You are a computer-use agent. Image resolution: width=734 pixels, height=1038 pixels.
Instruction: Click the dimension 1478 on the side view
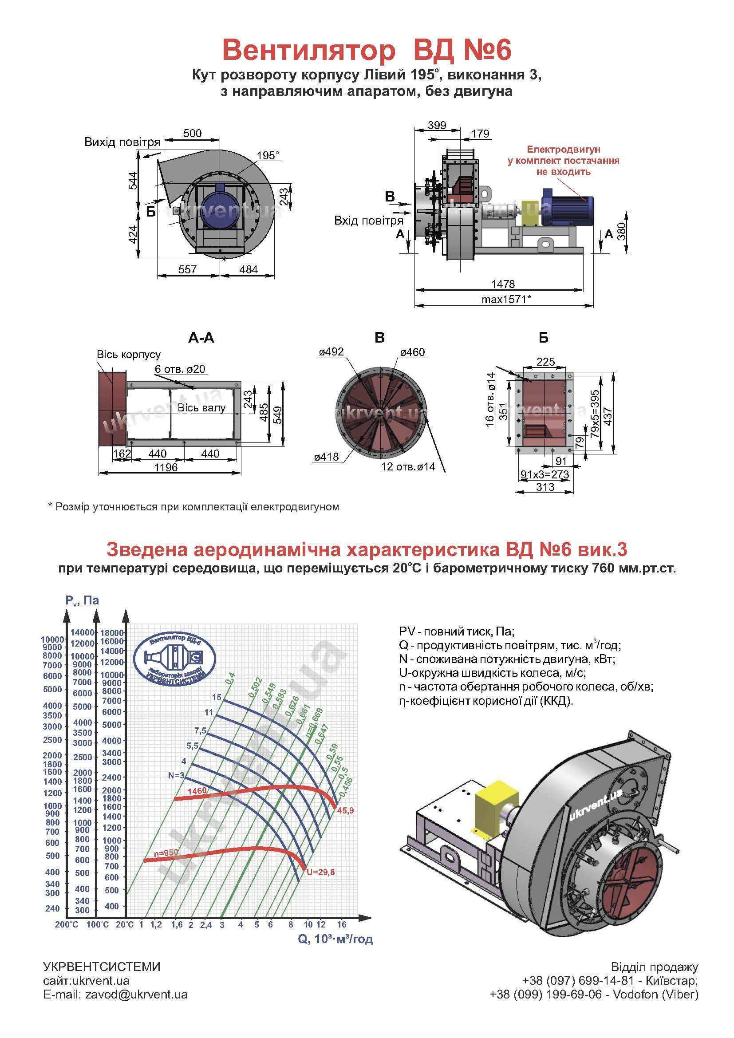(x=503, y=284)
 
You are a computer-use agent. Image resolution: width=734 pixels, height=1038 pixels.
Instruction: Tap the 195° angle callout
(x=268, y=155)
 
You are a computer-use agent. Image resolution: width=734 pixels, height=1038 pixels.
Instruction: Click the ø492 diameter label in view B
(x=331, y=351)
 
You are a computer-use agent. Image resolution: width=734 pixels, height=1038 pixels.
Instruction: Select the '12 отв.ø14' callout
(x=408, y=466)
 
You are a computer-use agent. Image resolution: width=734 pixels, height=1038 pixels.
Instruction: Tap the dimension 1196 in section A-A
(x=166, y=467)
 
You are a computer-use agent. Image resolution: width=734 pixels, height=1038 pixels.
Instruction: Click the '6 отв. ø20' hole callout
(x=180, y=369)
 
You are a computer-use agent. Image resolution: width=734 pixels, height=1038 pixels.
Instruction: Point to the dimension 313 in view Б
(x=545, y=486)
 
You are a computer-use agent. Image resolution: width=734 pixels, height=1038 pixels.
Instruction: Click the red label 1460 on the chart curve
(x=197, y=791)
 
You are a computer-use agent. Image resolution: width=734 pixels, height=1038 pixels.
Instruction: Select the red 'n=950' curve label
(x=166, y=852)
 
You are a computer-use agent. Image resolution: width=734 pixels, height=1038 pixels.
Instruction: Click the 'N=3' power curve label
(x=176, y=775)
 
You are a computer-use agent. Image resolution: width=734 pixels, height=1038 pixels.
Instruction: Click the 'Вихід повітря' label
(x=122, y=142)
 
